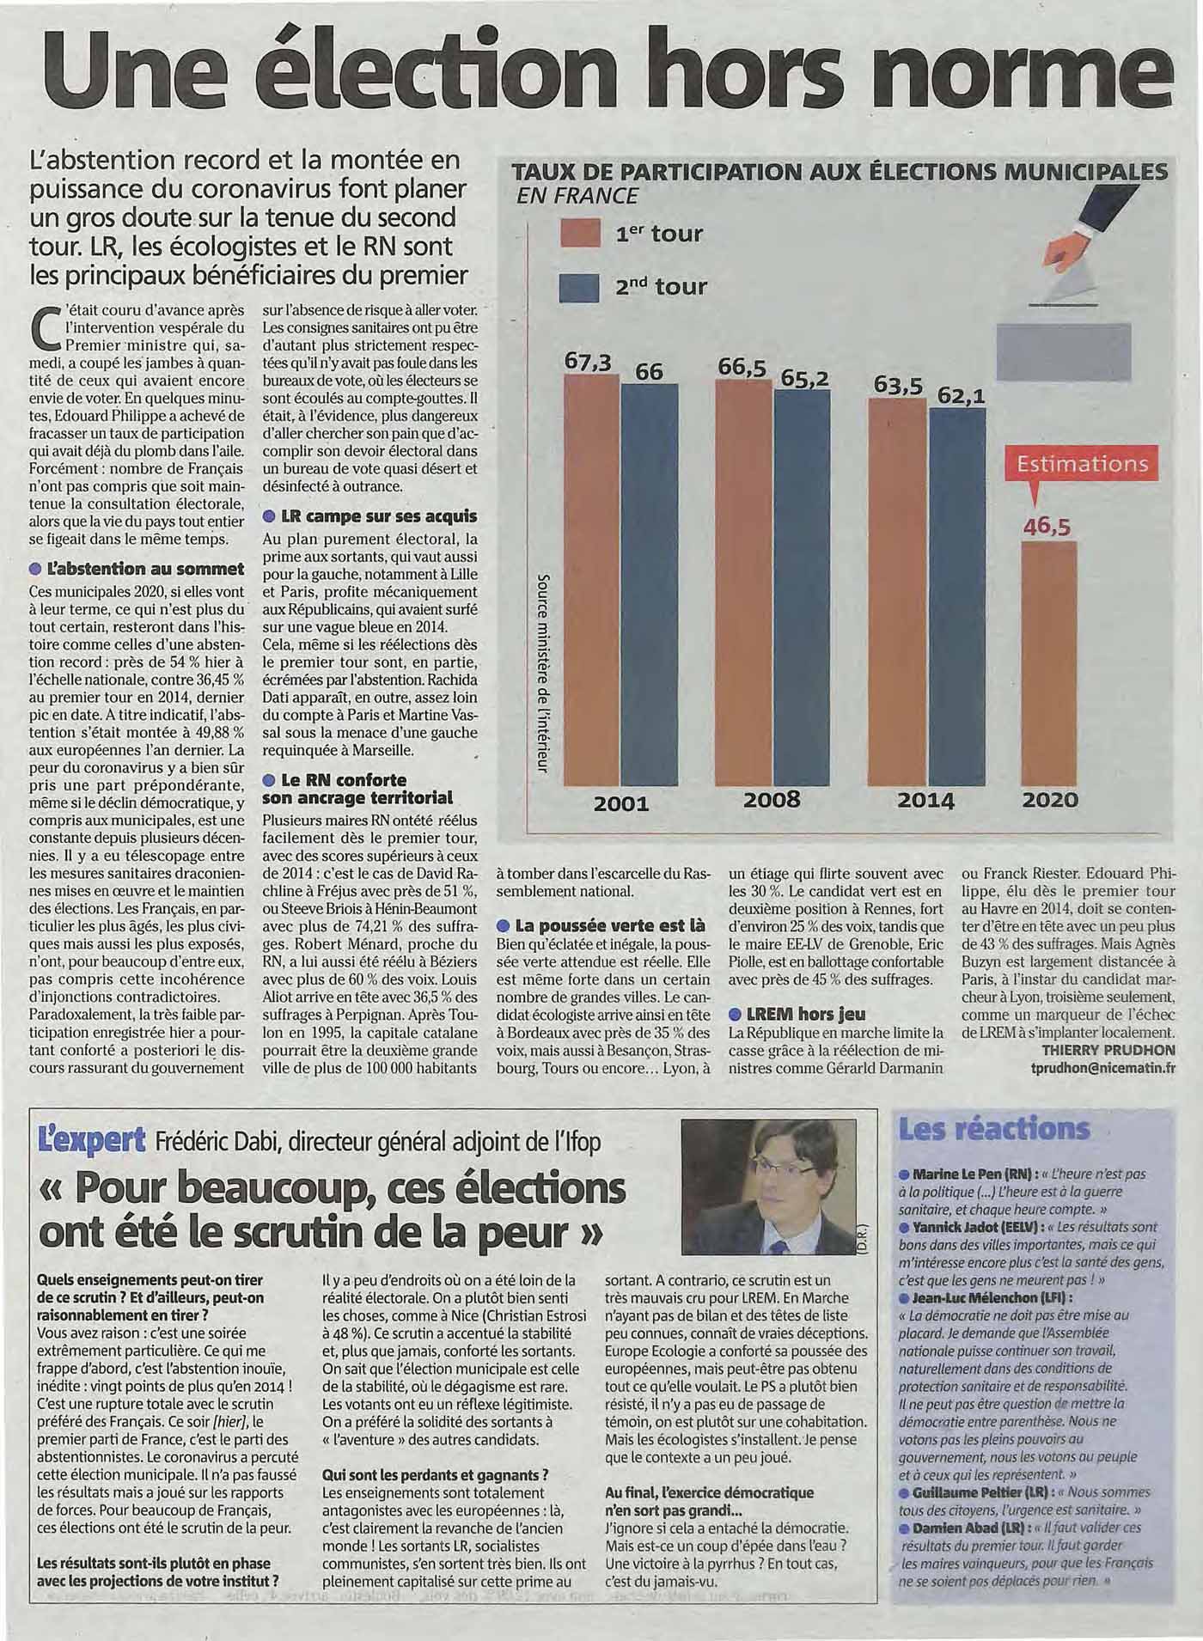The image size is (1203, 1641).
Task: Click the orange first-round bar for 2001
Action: (x=591, y=580)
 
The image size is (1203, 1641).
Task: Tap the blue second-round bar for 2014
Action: (x=957, y=596)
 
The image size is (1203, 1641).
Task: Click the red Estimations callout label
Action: (x=1082, y=464)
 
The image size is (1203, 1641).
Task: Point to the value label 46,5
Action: (x=1047, y=526)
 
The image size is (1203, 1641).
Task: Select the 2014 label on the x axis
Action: (x=925, y=800)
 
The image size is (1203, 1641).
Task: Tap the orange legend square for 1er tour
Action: (x=578, y=233)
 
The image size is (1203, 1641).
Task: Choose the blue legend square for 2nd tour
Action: (x=578, y=286)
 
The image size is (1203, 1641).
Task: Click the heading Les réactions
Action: (x=993, y=1128)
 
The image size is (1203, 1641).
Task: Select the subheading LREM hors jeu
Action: (x=797, y=1014)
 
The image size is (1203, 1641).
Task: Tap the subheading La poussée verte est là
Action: (x=601, y=925)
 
